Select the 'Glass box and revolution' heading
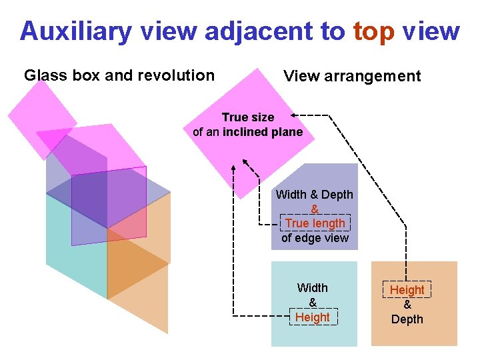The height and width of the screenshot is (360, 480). [119, 75]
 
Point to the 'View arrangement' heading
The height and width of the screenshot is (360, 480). [352, 76]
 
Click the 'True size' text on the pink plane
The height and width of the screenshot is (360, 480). [248, 117]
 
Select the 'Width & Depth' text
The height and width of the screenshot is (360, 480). [315, 195]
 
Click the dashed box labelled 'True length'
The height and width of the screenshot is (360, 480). [315, 223]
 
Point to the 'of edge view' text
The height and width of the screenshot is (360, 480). [315, 238]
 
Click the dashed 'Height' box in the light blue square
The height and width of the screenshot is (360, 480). [313, 317]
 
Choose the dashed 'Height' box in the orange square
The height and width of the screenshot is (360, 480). [407, 290]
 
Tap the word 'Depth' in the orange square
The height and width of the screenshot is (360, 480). [407, 319]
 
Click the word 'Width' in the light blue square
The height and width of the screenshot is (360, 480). [313, 288]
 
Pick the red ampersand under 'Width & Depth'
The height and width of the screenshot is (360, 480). [315, 209]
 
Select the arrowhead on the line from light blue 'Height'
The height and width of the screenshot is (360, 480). [233, 162]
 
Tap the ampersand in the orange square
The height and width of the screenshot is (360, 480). [407, 305]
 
